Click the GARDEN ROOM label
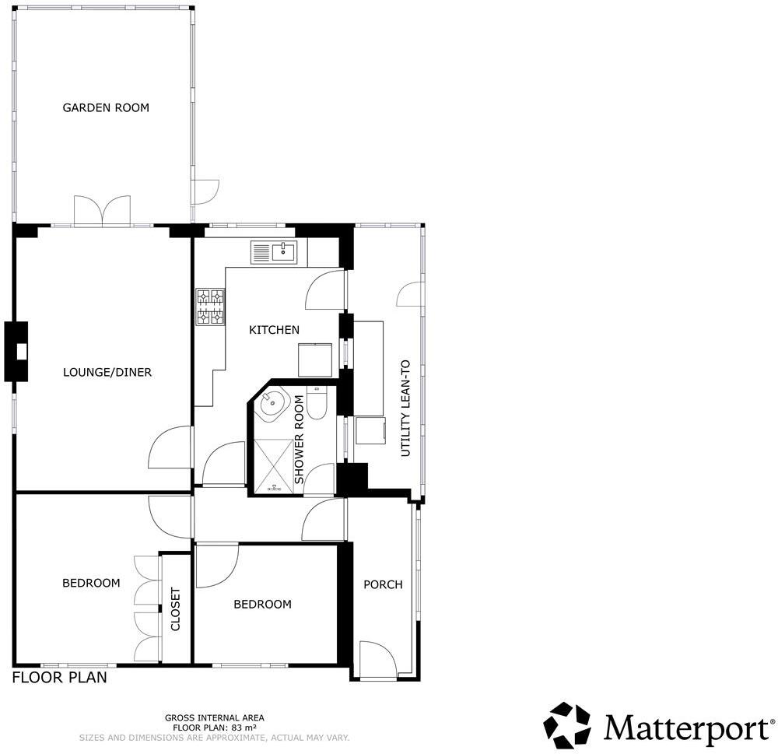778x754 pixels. coord(106,107)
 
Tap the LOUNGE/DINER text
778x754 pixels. coord(107,372)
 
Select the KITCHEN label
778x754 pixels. coord(274,330)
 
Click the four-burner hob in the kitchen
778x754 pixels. coord(210,307)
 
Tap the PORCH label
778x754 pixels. coord(383,584)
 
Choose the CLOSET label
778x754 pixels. coord(176,608)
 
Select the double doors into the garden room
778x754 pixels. coord(102,210)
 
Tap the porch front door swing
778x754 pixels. coord(377,659)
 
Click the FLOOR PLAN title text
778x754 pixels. coord(59,678)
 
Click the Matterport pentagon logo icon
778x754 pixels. coord(567,725)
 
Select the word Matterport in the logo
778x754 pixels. coord(685,728)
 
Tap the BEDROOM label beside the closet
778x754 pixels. coord(91,583)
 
